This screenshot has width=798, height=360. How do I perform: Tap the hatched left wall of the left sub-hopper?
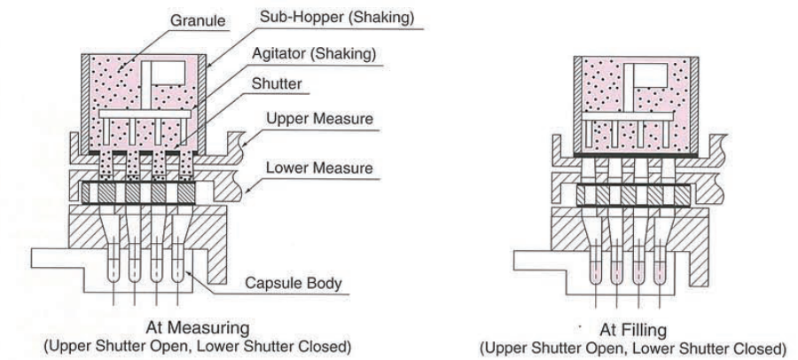point(86,98)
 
